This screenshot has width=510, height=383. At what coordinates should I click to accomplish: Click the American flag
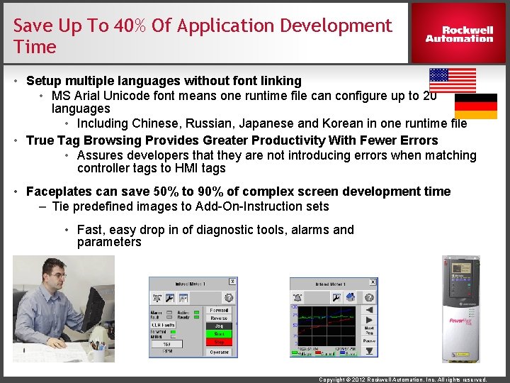pyautogui.click(x=453, y=80)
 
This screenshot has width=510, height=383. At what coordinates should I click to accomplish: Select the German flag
pyautogui.click(x=475, y=106)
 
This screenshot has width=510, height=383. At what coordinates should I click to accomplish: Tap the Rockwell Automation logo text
pyautogui.click(x=459, y=34)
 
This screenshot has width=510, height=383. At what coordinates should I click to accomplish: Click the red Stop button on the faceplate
pyautogui.click(x=219, y=342)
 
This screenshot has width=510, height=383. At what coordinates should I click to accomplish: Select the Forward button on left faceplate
pyautogui.click(x=219, y=310)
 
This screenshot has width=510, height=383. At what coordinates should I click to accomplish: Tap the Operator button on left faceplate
pyautogui.click(x=219, y=352)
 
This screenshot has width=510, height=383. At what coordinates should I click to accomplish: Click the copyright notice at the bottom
pyautogui.click(x=403, y=379)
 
